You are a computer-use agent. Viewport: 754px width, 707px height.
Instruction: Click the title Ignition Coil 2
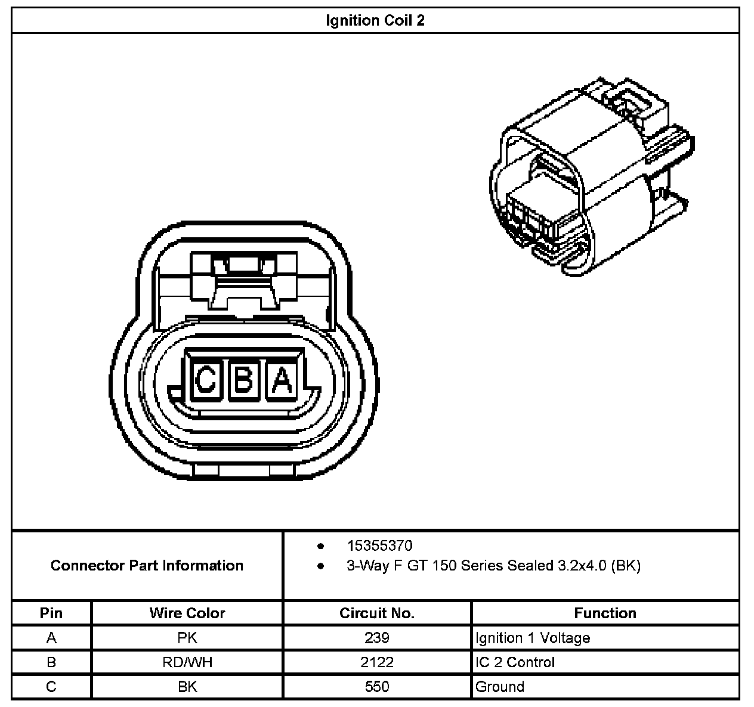(x=375, y=21)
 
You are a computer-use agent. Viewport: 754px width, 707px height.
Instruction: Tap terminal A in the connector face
(x=282, y=379)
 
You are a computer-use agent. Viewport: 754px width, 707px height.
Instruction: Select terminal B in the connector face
(x=243, y=379)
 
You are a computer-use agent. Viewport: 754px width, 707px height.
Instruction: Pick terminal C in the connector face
(x=205, y=379)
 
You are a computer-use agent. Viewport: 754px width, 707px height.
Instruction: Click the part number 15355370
(x=379, y=545)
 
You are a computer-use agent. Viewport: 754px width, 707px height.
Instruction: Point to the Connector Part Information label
(x=147, y=565)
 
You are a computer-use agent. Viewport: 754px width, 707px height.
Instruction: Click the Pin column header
(x=51, y=613)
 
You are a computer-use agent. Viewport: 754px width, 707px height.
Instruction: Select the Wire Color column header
(x=187, y=613)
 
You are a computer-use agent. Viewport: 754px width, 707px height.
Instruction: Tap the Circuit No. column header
(x=377, y=613)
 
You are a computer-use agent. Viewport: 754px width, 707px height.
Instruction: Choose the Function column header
(x=605, y=613)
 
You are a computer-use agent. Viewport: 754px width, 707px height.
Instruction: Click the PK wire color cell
(x=187, y=638)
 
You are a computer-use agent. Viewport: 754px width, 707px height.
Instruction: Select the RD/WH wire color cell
(x=187, y=662)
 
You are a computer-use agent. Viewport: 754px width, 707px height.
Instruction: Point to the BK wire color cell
(x=187, y=687)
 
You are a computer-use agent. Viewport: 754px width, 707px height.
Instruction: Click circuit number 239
(x=377, y=638)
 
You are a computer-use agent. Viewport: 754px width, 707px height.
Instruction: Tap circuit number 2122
(x=377, y=662)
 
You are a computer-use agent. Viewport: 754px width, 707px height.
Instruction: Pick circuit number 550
(x=377, y=687)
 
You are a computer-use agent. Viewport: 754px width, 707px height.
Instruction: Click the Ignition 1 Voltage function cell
(x=533, y=638)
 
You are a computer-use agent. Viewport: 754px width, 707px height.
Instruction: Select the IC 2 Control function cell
(x=515, y=662)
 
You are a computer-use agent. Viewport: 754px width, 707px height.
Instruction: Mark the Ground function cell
(x=500, y=687)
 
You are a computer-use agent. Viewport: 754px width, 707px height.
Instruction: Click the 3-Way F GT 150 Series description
(x=493, y=565)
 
